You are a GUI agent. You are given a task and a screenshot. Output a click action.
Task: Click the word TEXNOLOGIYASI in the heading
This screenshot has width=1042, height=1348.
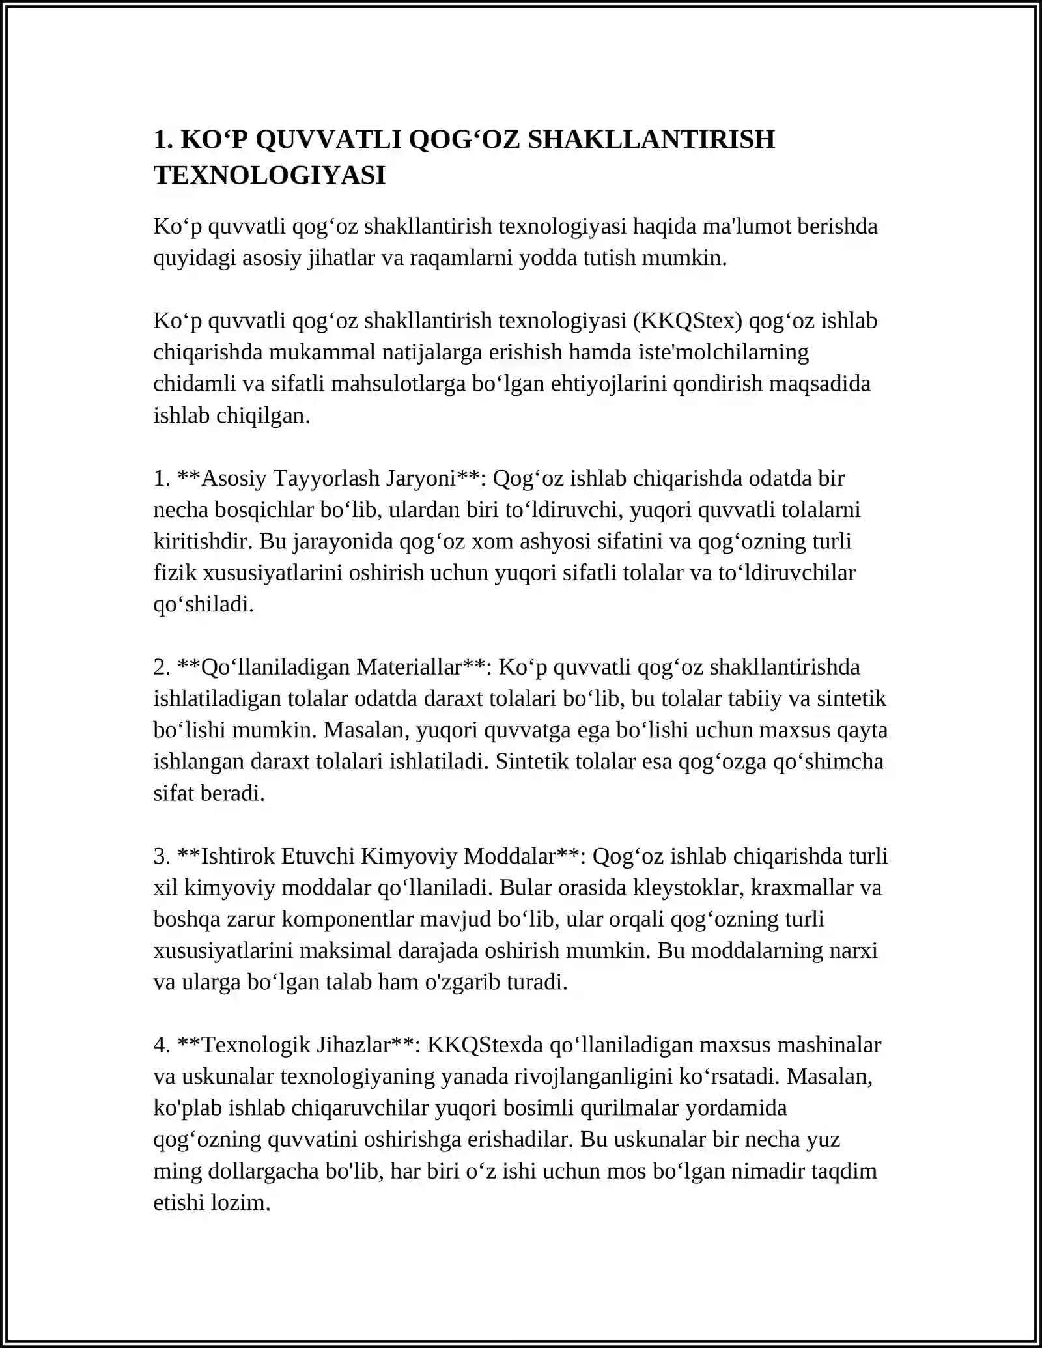pyautogui.click(x=270, y=175)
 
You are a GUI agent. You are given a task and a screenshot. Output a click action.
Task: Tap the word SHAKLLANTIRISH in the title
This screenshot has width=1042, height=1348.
pyautogui.click(x=651, y=139)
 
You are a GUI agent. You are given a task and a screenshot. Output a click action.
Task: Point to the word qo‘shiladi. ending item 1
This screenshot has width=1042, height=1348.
pyautogui.click(x=203, y=604)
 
